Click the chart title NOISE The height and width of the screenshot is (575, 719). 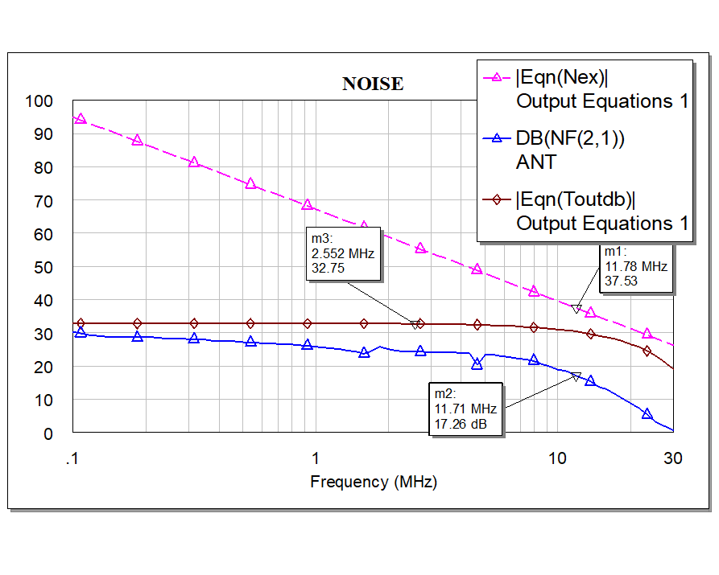[x=373, y=84]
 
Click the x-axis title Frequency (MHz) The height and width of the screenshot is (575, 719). [x=373, y=482]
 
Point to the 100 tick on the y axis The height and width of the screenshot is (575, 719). [x=39, y=101]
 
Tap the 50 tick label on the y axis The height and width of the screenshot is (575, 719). [x=43, y=267]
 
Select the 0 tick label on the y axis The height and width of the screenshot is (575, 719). [x=48, y=433]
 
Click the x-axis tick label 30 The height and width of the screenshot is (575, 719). [x=672, y=458]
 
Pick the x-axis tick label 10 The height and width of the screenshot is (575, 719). [x=556, y=458]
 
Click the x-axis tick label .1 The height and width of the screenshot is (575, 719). [x=72, y=458]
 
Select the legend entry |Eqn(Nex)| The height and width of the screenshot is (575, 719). [x=562, y=78]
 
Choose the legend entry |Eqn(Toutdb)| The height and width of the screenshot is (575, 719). [x=581, y=199]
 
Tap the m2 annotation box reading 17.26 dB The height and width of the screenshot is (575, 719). [x=466, y=409]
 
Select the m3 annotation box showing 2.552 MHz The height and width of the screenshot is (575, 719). [x=344, y=253]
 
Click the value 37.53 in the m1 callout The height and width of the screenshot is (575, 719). [x=622, y=281]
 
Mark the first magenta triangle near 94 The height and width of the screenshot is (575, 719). [x=80, y=119]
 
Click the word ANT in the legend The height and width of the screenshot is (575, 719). [x=535, y=162]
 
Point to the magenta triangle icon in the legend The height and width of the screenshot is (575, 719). [x=497, y=78]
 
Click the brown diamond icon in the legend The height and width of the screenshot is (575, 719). [x=497, y=199]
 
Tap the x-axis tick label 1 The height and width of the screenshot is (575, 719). [x=315, y=458]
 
